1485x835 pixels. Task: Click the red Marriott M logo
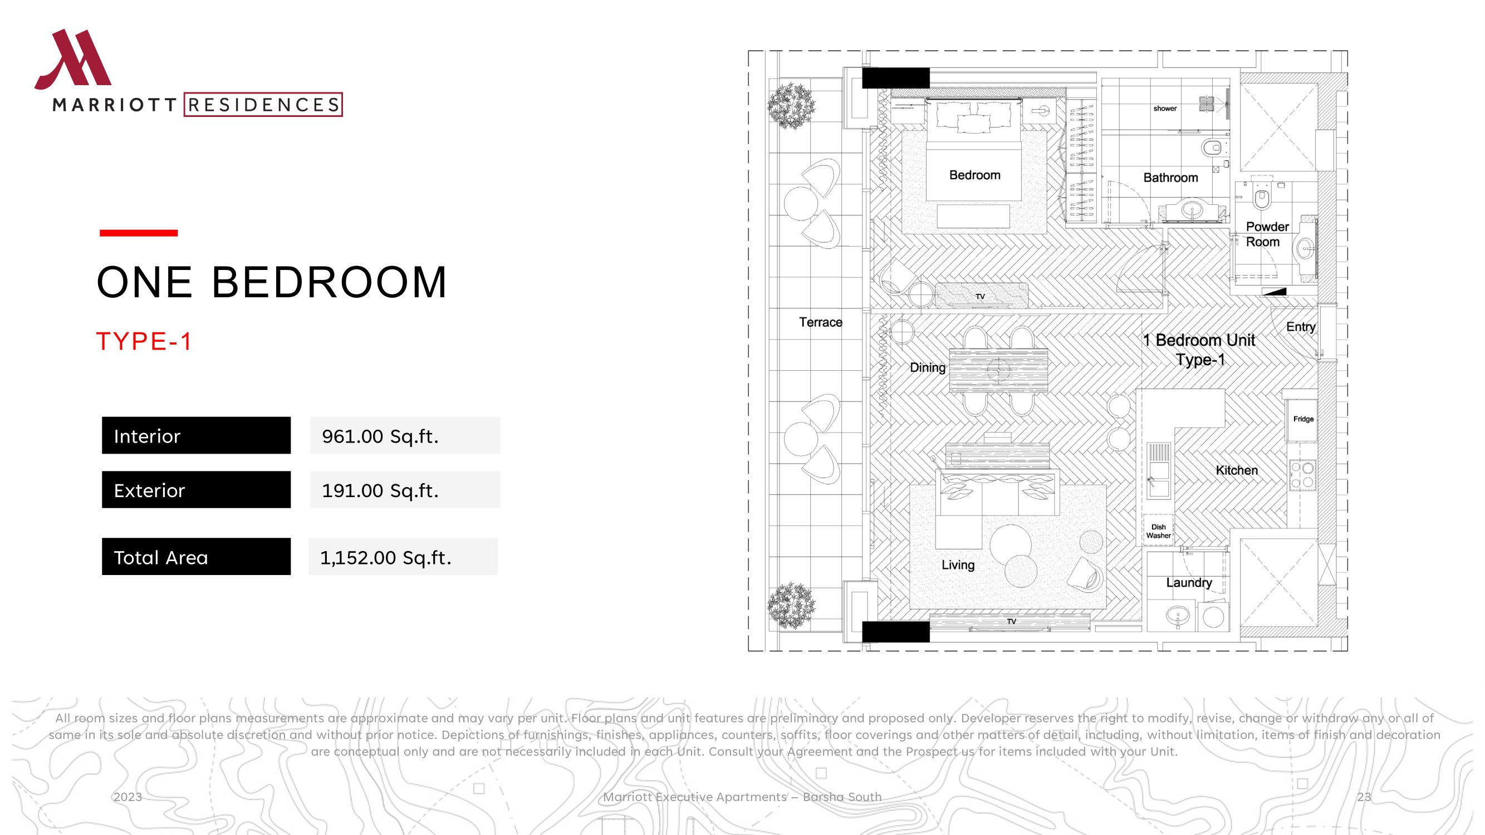[72, 60]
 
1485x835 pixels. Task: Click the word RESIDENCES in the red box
[263, 105]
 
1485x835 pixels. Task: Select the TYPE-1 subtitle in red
[144, 341]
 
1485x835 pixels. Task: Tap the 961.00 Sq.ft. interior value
[380, 436]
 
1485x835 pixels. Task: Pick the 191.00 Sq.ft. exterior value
[380, 490]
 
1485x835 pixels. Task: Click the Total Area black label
[196, 557]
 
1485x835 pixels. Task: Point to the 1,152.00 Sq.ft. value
[386, 557]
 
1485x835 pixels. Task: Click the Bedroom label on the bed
[975, 175]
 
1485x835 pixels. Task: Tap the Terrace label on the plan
[820, 322]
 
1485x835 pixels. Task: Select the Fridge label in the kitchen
[1303, 419]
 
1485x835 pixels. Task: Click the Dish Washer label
[1158, 531]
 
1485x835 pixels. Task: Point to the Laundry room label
[1189, 583]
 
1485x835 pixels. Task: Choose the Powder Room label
[1267, 234]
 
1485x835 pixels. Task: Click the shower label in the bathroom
[1165, 109]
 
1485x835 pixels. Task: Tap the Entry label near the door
[1301, 327]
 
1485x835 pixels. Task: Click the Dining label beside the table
[928, 367]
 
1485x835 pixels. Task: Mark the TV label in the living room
[1012, 621]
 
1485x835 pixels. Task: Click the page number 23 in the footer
[1364, 797]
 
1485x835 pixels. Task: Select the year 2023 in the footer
[128, 797]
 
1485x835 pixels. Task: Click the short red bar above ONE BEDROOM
[138, 233]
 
